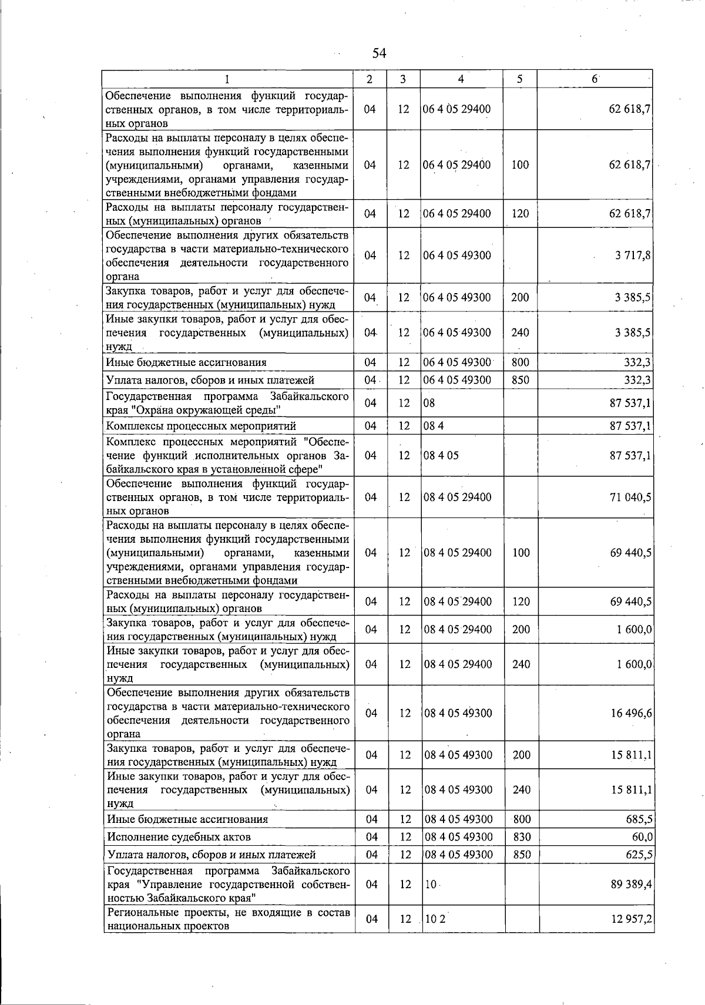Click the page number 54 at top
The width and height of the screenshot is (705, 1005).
point(379,53)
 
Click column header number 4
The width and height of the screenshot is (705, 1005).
point(461,79)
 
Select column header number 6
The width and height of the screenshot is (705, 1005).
point(595,79)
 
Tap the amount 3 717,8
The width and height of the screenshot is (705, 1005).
point(633,256)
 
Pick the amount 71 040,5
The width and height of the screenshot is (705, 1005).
point(630,497)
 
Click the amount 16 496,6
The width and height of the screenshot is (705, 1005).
point(630,713)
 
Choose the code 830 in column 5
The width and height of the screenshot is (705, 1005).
point(522,836)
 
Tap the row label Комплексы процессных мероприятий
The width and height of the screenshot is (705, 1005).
point(200,426)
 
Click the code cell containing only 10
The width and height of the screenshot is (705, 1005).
point(429,884)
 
